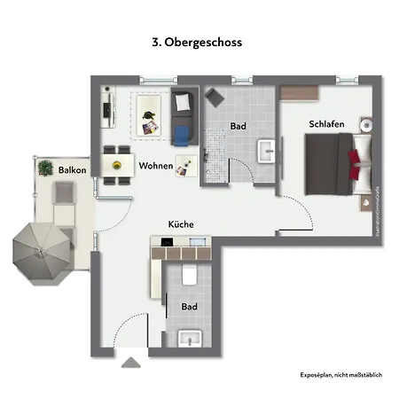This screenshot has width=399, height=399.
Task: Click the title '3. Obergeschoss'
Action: pos(198,42)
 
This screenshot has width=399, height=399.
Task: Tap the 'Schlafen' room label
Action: pos(326,124)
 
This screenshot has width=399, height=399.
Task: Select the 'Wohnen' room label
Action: pos(154,166)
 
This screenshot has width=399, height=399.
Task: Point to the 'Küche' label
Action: pos(181,224)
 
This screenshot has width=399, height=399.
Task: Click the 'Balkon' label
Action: pos(71,168)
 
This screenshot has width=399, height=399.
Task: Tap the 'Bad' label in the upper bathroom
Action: pos(238,127)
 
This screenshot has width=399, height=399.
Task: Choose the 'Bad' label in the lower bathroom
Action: pos(189,307)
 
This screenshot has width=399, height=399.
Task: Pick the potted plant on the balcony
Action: pos(45,165)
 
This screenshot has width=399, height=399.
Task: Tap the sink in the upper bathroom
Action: pos(268,152)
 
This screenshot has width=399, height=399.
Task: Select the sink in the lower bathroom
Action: pos(190,337)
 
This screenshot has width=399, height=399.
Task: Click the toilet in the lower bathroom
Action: pos(187,276)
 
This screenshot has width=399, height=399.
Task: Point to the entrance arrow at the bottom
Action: pos(130,361)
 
